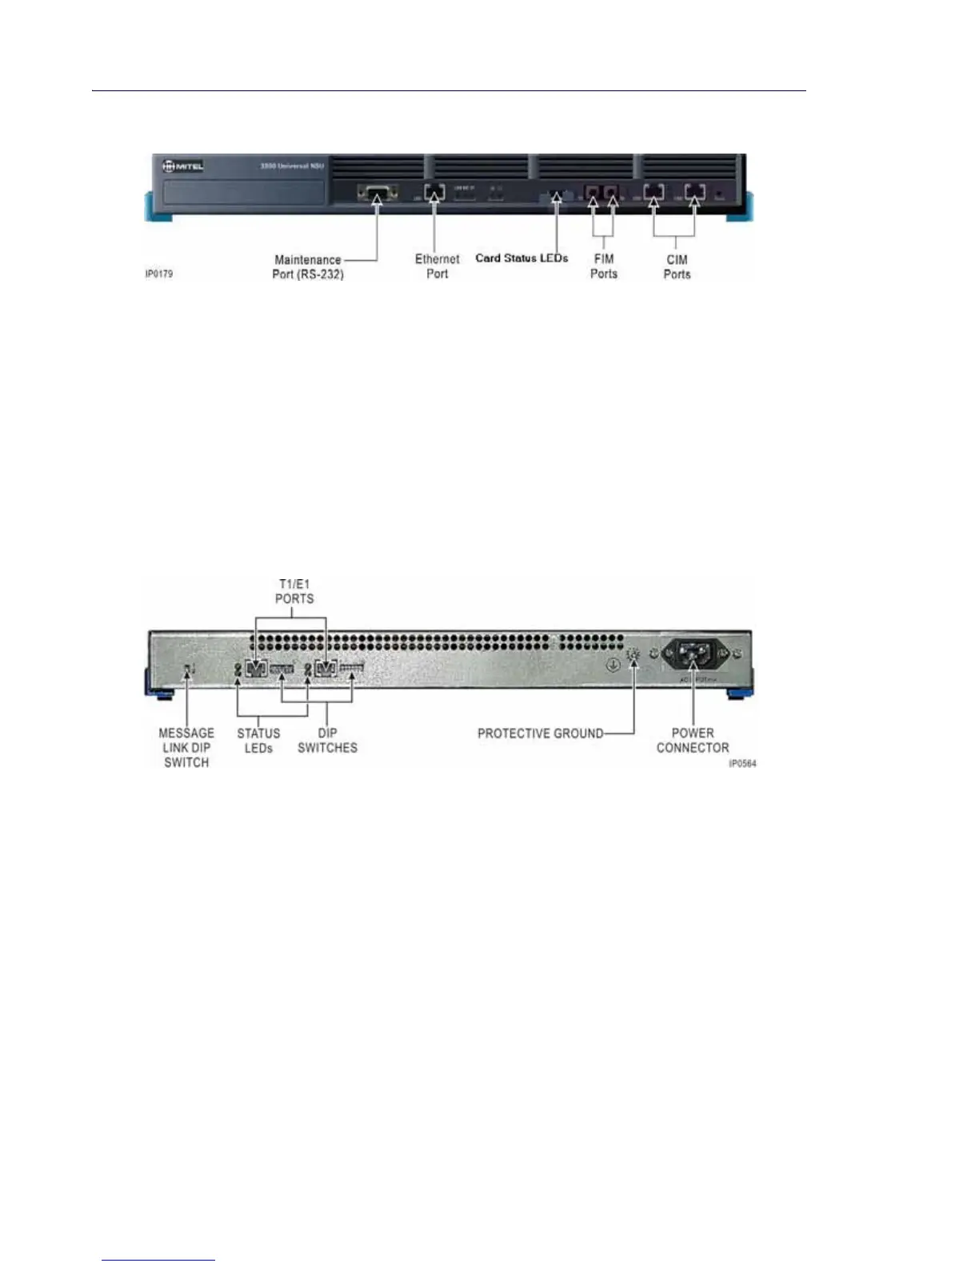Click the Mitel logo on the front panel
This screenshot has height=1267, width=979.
coord(183,166)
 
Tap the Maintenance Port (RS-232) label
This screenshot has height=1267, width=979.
coord(308,267)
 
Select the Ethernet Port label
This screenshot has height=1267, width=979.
coord(437,266)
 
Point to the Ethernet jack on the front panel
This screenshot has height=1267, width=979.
coord(434,193)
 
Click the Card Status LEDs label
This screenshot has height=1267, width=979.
coord(521,258)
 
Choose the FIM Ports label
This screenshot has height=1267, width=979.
coord(604,266)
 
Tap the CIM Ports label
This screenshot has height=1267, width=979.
coord(677,267)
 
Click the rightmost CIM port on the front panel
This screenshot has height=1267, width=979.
coord(693,192)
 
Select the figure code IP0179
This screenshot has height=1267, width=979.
coord(158,274)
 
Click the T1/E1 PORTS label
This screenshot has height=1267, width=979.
coord(294,592)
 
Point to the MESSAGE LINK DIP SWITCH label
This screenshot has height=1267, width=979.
coord(186,748)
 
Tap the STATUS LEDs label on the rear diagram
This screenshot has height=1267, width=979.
coord(258,741)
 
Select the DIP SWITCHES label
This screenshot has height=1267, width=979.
coord(327,741)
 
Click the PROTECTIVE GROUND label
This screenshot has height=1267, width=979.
coord(540,733)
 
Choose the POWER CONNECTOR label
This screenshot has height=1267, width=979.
coord(693,741)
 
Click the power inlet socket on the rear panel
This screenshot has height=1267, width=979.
coord(693,656)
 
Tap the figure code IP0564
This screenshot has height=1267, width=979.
coord(742,764)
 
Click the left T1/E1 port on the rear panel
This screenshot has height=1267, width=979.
coord(256,669)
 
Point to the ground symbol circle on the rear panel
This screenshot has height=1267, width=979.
coord(613,664)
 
